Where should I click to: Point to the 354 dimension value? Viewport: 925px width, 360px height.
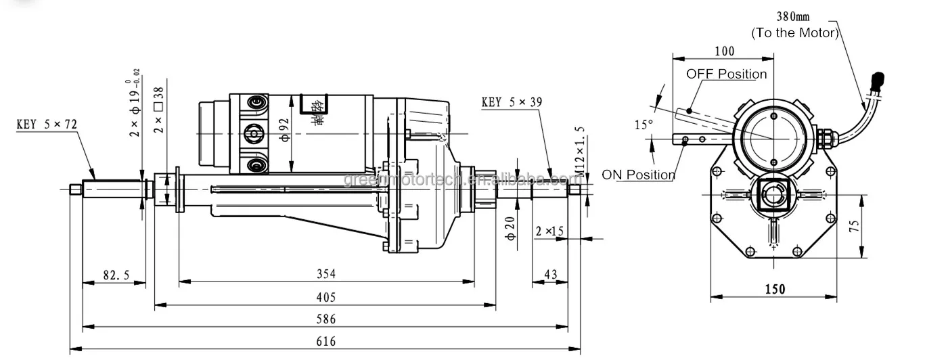(326, 274)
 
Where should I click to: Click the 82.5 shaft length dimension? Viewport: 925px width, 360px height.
(116, 275)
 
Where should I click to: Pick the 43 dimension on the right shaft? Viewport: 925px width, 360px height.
(550, 275)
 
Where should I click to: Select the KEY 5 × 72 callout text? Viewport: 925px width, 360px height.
(47, 125)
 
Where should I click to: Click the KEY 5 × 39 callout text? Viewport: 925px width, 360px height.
(512, 103)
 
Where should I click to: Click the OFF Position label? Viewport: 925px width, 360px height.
(727, 74)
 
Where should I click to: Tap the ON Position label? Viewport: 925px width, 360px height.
(638, 175)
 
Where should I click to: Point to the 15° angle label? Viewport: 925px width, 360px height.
(644, 125)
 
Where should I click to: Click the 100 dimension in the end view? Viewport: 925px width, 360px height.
(723, 51)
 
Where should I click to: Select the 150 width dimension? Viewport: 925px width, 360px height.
(775, 289)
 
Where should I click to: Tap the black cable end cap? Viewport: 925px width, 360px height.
(878, 78)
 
